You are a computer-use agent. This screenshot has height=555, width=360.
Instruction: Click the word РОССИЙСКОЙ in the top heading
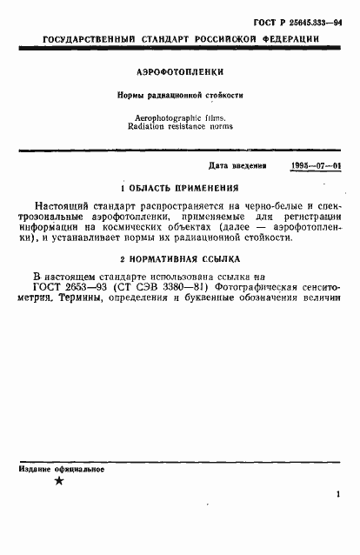point(235,41)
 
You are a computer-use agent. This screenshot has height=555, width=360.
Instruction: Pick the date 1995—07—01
point(317,165)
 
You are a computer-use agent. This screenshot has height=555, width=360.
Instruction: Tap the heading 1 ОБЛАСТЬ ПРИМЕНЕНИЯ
point(179,187)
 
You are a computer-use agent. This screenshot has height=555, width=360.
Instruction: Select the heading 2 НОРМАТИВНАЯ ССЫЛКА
point(179,258)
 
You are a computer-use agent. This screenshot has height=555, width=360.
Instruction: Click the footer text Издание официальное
point(61,469)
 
